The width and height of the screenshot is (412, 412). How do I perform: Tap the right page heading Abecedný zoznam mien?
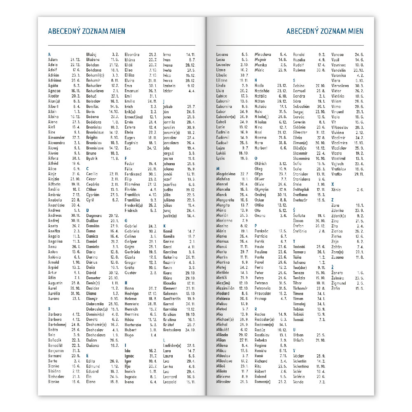(x=325, y=31)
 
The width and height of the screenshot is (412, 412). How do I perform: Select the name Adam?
(x=53, y=59)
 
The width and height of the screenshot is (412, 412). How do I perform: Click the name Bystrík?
(x=92, y=158)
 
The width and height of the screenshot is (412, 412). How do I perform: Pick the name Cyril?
(x=90, y=200)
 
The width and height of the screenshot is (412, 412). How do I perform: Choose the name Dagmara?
(x=94, y=215)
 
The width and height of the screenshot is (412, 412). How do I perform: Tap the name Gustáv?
(x=131, y=273)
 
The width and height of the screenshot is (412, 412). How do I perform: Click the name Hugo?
(x=129, y=335)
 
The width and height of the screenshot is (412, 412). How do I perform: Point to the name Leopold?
(x=170, y=382)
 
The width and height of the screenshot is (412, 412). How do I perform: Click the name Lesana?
(x=222, y=54)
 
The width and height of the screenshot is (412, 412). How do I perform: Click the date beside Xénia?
(x=360, y=190)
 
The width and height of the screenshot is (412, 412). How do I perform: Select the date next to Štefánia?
(x=322, y=231)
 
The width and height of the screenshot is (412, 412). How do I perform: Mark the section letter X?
(x=332, y=184)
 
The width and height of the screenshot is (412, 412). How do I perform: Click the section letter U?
(x=294, y=330)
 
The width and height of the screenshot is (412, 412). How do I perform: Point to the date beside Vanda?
(x=322, y=382)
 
